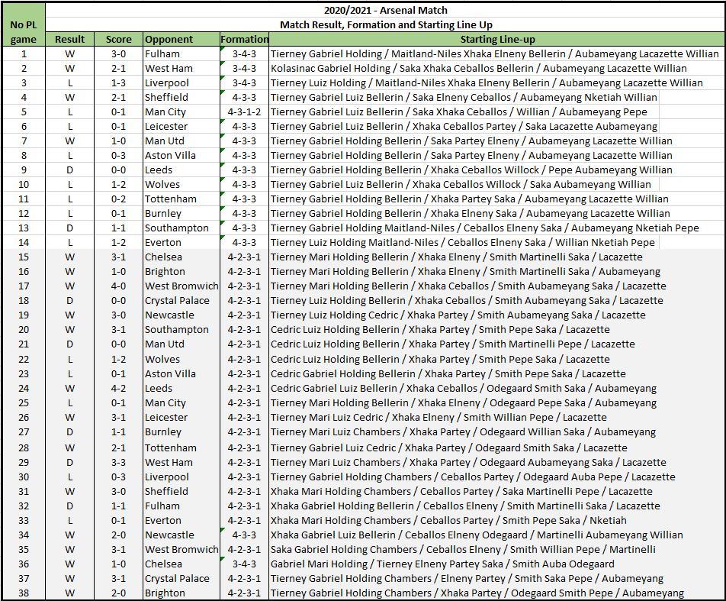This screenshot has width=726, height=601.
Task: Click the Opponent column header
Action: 169,39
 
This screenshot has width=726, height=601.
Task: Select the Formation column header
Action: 244,39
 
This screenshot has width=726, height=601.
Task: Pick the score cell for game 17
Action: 119,286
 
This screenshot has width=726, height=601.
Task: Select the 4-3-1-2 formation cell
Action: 244,111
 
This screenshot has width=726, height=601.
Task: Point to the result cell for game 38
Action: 70,593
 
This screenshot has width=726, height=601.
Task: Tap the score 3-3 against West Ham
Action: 119,462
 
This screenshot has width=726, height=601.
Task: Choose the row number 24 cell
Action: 24,389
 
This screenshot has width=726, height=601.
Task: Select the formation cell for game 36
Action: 244,564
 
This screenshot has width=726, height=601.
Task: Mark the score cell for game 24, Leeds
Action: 119,389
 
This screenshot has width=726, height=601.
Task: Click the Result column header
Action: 70,39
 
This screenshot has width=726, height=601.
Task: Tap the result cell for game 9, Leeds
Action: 70,170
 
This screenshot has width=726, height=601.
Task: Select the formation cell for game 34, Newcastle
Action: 244,535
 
